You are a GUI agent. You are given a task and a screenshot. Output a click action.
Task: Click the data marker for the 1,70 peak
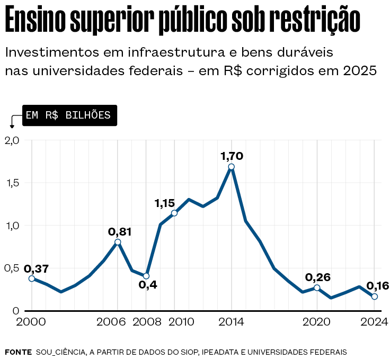tap(232, 167)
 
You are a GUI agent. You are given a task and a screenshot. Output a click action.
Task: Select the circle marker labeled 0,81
tap(118, 242)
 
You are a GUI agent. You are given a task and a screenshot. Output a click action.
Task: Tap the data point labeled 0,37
tap(32, 278)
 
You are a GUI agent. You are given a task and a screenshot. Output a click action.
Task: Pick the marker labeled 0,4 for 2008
tap(146, 276)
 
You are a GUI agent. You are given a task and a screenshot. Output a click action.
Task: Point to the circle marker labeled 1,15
tap(174, 213)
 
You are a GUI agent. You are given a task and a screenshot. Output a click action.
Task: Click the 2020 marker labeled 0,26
tap(317, 287)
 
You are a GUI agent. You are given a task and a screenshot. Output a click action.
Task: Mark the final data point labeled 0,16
tap(375, 296)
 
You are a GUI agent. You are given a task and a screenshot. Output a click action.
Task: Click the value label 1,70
tap(232, 156)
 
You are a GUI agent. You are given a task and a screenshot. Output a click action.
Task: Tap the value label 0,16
tap(377, 286)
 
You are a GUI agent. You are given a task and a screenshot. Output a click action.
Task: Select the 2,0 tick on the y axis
tap(12, 140)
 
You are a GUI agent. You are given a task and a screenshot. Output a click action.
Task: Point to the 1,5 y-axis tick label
tap(12, 183)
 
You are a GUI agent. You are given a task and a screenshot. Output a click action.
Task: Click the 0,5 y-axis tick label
tap(12, 268)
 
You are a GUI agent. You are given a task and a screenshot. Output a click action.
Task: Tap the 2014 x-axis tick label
tap(232, 322)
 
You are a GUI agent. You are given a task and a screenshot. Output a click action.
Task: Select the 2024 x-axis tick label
tap(375, 322)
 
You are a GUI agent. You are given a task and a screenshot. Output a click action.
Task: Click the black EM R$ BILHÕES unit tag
tap(68, 115)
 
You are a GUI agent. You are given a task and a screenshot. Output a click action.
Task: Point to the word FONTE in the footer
tap(18, 352)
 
